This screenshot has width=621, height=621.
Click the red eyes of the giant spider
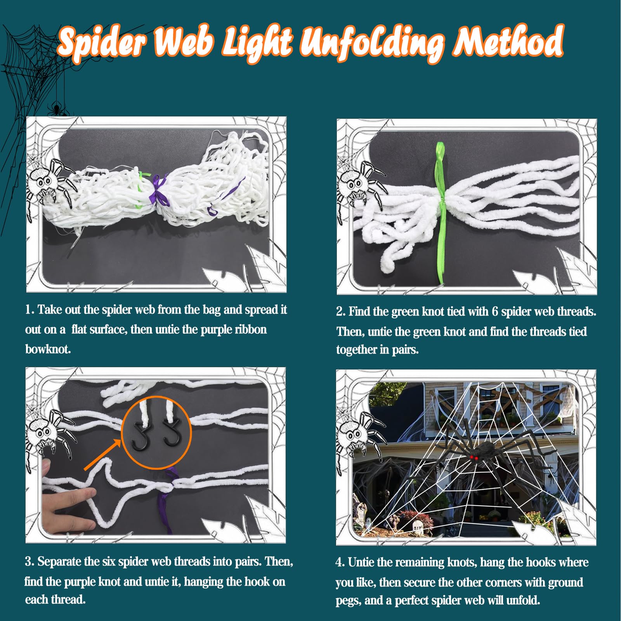(474, 459)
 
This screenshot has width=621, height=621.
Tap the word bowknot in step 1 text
(48, 349)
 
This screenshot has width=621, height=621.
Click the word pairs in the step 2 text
(405, 350)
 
